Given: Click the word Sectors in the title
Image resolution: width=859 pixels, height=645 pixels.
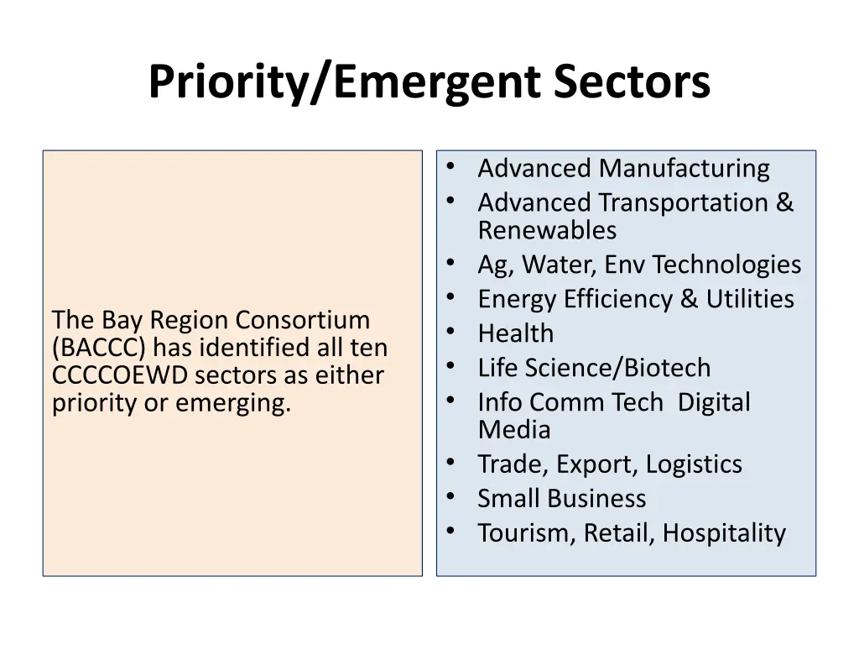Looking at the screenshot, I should pos(632,82).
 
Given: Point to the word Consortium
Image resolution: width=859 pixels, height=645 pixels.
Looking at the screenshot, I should pos(302,319).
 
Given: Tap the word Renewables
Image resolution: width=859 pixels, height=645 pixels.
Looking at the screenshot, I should pos(547,230).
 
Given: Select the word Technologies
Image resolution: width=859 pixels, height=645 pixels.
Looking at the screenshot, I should pos(726,265).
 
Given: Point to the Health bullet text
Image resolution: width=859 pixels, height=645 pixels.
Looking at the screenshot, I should pos(516,333).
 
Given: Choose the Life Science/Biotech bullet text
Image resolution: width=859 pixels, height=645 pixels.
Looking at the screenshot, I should pos(594,368).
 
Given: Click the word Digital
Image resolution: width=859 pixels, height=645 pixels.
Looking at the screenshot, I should pos(714,402).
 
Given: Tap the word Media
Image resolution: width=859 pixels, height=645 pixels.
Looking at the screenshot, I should pos(514,430).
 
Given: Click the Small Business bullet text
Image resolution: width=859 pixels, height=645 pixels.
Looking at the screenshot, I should pos(562,499).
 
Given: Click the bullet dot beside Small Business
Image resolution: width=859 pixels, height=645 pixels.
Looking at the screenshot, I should pos(451,496).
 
